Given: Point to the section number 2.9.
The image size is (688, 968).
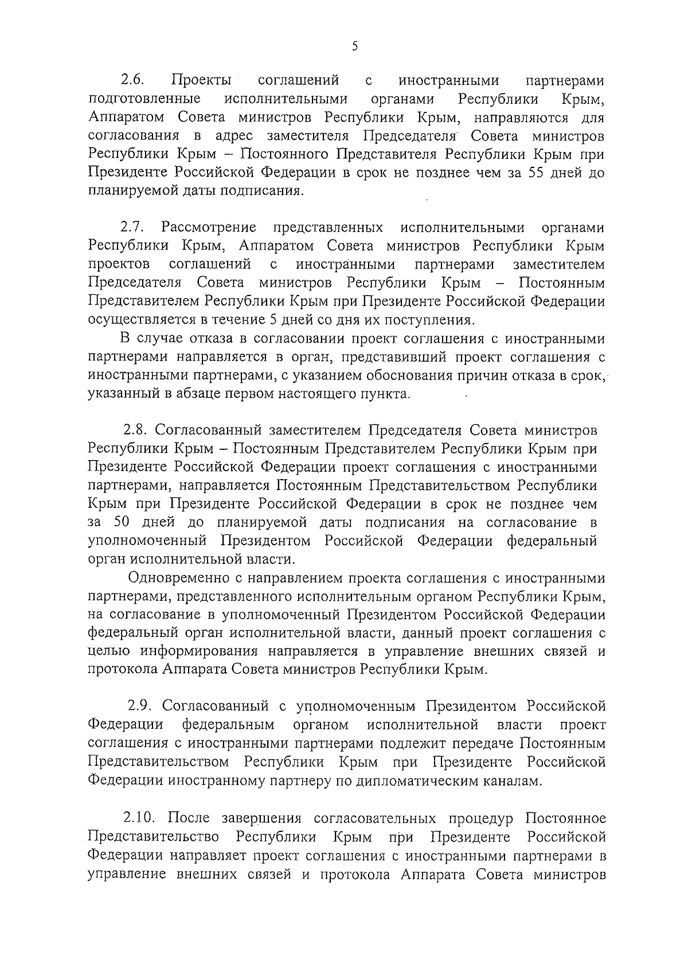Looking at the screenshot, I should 140,706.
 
